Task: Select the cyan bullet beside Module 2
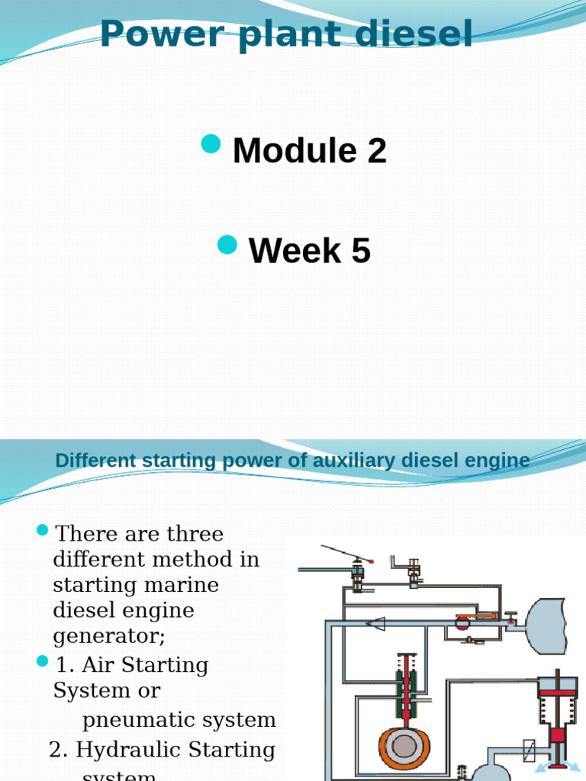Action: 211,143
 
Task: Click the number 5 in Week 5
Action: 361,251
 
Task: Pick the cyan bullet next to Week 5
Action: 227,244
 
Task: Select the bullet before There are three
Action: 43,530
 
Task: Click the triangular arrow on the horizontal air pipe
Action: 375,623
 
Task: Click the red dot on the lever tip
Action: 371,561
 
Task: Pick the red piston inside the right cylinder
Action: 557,736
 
